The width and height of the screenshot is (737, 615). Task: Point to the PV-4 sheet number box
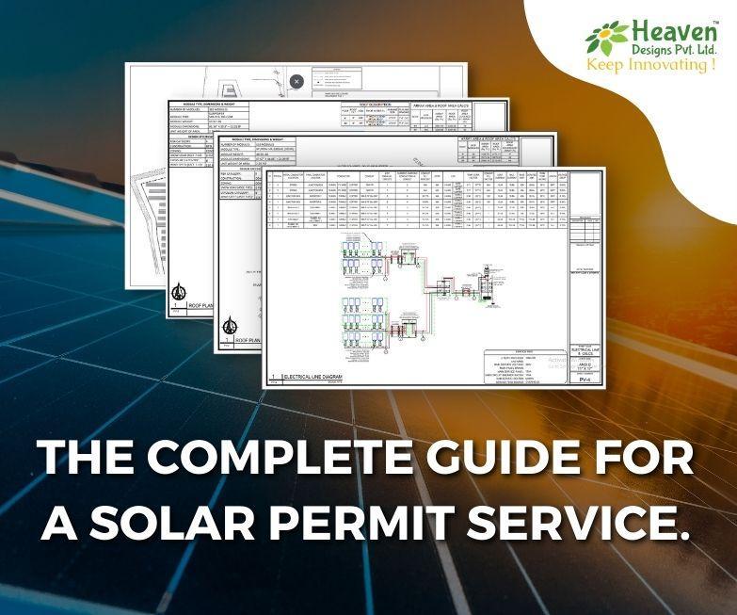[585, 379]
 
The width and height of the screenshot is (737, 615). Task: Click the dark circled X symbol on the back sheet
[297, 82]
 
